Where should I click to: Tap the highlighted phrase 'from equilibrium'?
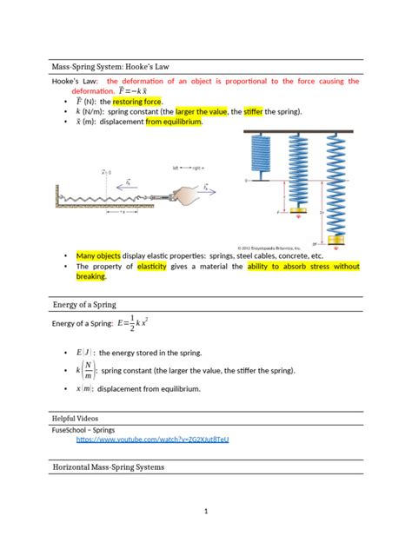(x=174, y=122)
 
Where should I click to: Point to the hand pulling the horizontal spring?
(x=183, y=195)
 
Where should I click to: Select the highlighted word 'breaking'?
(x=90, y=277)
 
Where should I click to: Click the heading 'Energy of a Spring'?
(x=84, y=304)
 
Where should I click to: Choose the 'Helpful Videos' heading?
(x=77, y=418)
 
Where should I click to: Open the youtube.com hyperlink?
(x=152, y=440)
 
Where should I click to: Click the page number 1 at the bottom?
(x=206, y=512)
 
